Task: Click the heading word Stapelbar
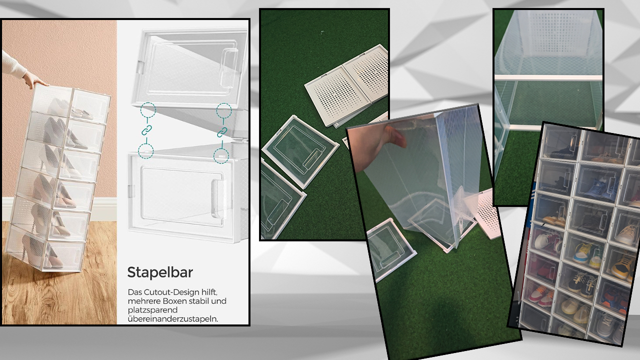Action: (160, 272)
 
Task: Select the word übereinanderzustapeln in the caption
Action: (173, 319)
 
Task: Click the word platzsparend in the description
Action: (152, 310)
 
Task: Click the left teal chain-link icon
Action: (146, 130)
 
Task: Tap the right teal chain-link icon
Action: (222, 132)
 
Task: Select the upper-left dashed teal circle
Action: (148, 110)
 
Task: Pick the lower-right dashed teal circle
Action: (221, 156)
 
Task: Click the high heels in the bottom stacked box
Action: (43, 251)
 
